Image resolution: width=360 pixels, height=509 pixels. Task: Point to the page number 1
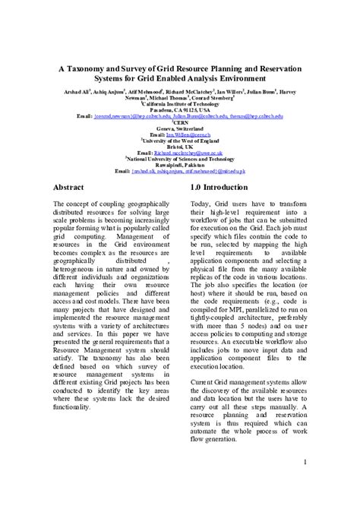click(305, 463)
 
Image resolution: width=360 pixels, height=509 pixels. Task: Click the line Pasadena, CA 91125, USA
click(180, 110)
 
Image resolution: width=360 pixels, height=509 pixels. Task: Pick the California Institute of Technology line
click(180, 104)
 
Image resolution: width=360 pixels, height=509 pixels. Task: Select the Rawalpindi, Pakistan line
click(180, 165)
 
